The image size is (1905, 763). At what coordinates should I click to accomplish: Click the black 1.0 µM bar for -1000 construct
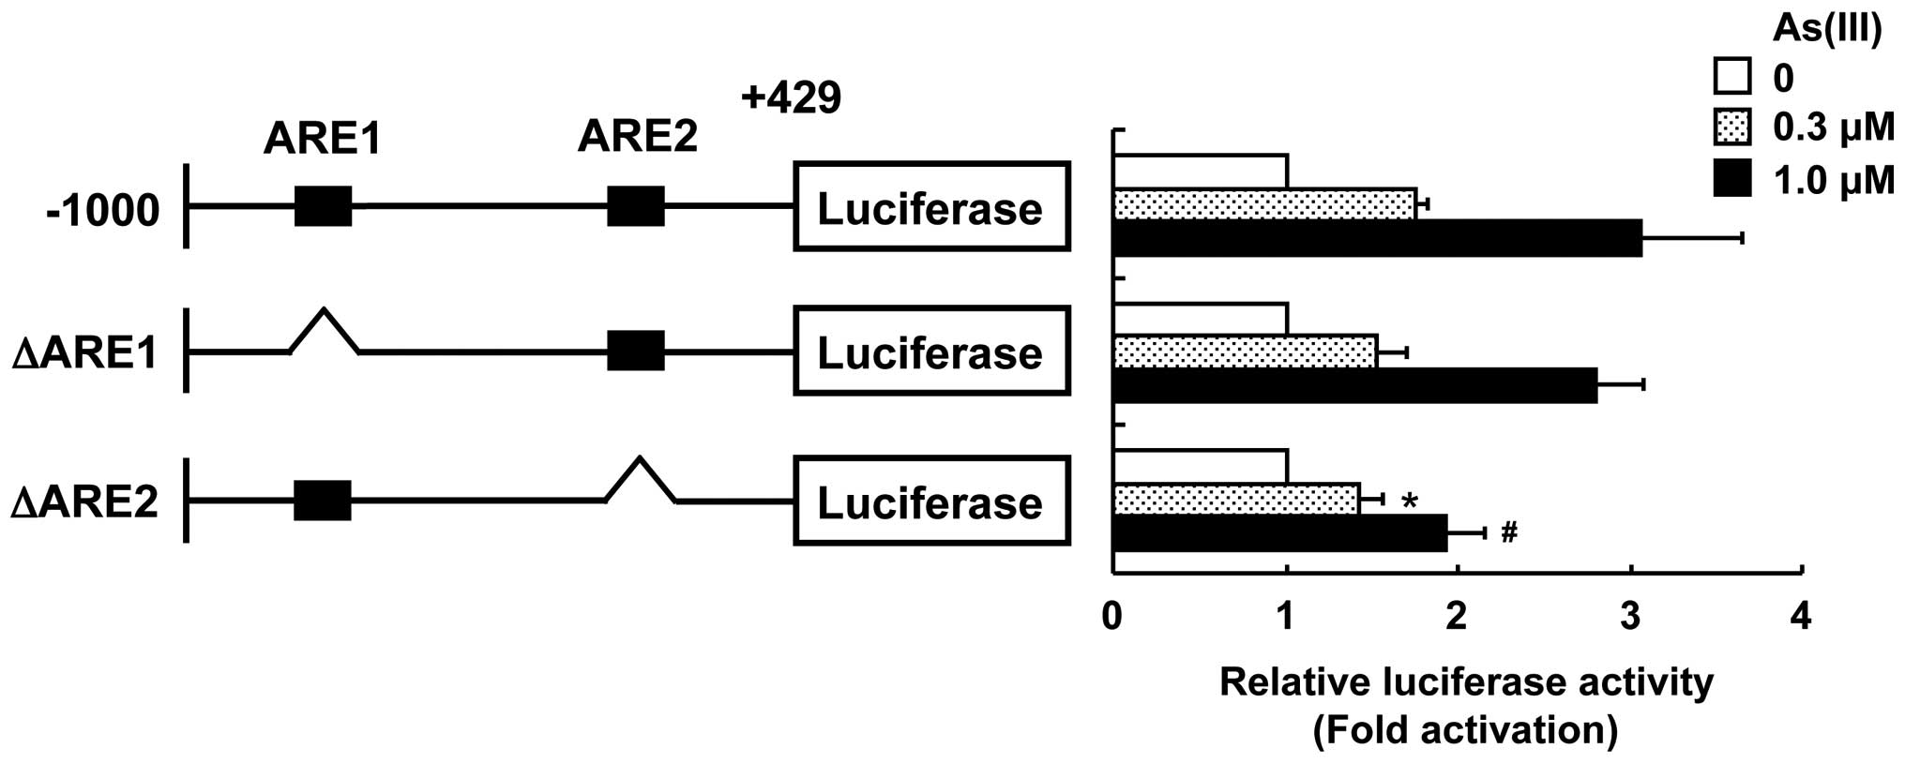pyautogui.click(x=1377, y=238)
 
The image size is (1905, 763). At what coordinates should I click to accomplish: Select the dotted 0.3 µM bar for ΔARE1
pyautogui.click(x=1245, y=352)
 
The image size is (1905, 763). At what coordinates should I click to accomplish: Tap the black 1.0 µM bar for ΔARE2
pyautogui.click(x=1279, y=532)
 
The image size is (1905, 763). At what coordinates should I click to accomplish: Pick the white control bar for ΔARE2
pyautogui.click(x=1200, y=466)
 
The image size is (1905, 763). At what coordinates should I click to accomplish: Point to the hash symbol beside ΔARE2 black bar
pyautogui.click(x=1509, y=533)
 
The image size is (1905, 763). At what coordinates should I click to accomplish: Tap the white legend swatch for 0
pyautogui.click(x=1731, y=78)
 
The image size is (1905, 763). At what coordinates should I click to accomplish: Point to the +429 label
pyautogui.click(x=791, y=97)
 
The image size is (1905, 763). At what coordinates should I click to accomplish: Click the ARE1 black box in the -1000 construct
pyautogui.click(x=324, y=206)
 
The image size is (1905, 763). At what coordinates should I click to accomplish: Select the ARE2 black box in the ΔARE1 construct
pyautogui.click(x=636, y=352)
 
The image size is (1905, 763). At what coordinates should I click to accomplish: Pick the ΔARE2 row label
pyautogui.click(x=85, y=502)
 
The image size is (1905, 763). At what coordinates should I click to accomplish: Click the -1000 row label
pyautogui.click(x=103, y=210)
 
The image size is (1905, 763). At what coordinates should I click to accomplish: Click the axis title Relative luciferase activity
pyautogui.click(x=1466, y=682)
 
